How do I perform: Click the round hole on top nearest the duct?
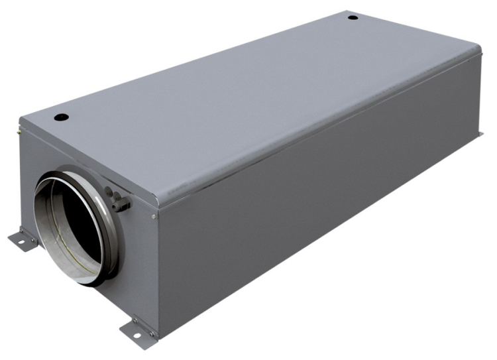point(61,117)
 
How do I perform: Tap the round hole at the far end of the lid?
point(353,17)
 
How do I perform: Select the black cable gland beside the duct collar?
point(119,202)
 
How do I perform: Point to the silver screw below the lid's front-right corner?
point(154,215)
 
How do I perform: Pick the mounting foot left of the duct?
point(23,239)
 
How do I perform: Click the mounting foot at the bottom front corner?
point(136,326)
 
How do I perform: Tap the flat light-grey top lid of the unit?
point(252,99)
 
